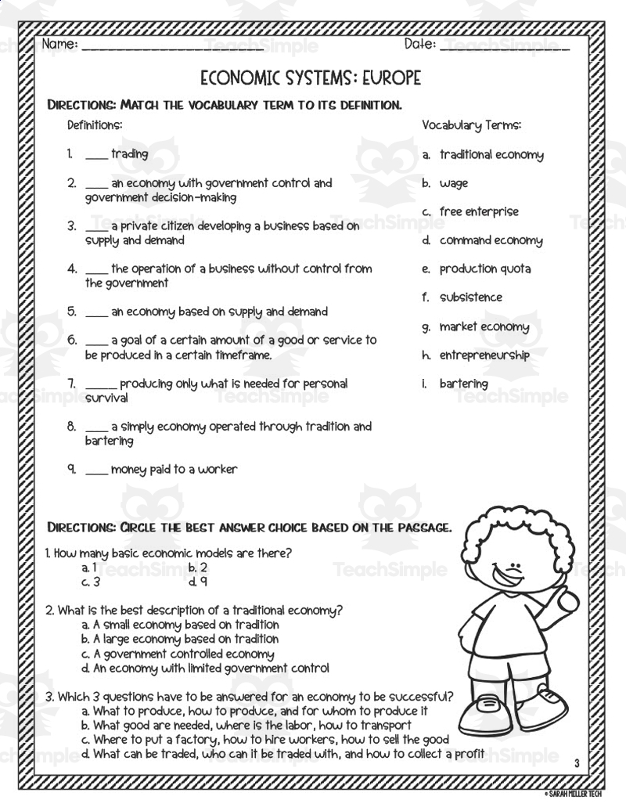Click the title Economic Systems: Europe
tap(311, 77)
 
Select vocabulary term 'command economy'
tap(491, 240)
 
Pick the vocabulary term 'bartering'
tap(463, 384)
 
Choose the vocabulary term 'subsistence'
tap(470, 297)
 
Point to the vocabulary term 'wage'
tap(454, 183)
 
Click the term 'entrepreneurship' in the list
tap(484, 355)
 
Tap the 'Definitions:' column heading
tap(95, 125)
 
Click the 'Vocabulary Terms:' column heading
tap(471, 125)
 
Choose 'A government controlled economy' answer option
tap(183, 654)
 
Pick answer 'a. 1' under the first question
tap(89, 568)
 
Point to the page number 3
tap(576, 763)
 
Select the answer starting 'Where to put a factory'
tap(271, 739)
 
